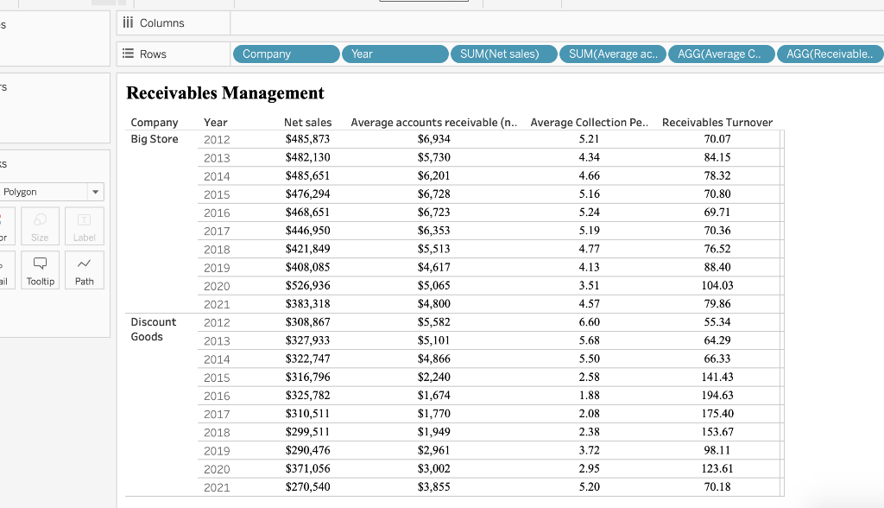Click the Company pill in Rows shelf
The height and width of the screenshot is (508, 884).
[286, 54]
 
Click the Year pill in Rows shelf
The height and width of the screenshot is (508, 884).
[395, 54]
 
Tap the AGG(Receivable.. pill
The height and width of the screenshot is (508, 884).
[830, 54]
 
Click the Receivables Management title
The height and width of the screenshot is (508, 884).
[225, 93]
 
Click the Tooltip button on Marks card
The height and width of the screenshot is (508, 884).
[41, 270]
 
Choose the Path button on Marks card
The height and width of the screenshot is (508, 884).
[85, 270]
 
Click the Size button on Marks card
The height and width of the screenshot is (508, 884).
[41, 227]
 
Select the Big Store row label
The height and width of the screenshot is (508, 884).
[155, 139]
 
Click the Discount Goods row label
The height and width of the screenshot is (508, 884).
[153, 329]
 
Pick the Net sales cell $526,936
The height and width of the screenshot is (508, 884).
[307, 285]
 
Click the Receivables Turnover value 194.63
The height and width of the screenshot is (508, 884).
[717, 396]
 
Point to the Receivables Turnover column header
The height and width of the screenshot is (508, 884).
[717, 123]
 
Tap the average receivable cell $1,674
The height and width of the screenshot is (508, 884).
[433, 396]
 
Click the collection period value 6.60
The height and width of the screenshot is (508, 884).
[589, 322]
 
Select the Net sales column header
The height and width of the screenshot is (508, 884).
[307, 123]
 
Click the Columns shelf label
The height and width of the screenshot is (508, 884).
[161, 23]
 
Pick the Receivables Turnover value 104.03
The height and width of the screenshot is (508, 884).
[717, 285]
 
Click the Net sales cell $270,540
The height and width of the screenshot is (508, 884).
[307, 487]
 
